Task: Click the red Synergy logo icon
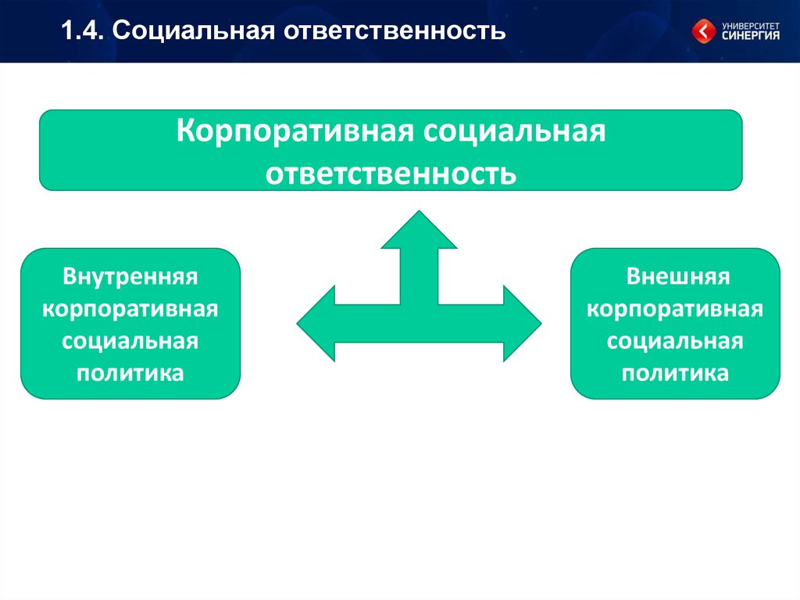(704, 31)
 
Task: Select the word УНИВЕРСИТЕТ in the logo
(751, 26)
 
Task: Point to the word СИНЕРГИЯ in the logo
(751, 35)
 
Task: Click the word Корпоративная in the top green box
(295, 131)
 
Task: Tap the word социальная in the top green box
(514, 131)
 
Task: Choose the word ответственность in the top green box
(391, 174)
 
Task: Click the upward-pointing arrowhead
(419, 231)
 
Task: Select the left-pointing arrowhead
(316, 324)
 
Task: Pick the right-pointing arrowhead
(523, 324)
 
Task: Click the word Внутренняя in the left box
(130, 276)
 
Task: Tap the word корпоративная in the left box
(130, 309)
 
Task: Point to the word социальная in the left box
(130, 341)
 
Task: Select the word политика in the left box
(130, 374)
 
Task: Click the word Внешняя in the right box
(678, 276)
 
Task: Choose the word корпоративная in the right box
(675, 309)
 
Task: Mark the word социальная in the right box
(675, 341)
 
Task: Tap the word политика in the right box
(675, 374)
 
